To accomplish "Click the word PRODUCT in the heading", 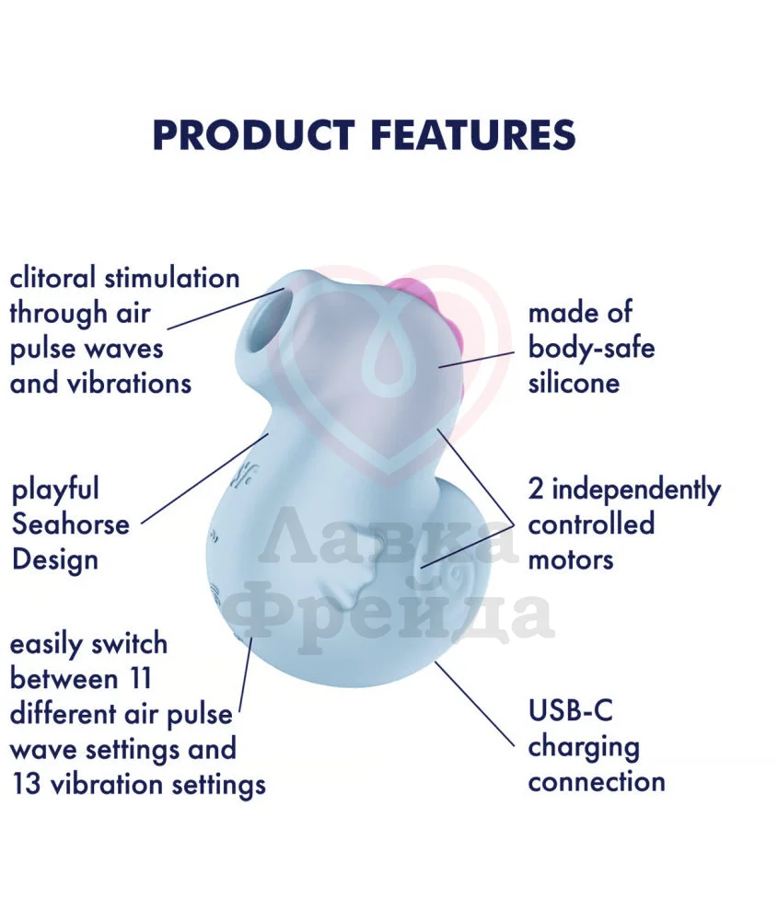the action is [254, 135].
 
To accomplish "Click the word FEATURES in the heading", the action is [473, 135].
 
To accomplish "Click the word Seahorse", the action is [71, 524].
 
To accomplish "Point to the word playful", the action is [55, 490].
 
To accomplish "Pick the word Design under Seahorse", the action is [54, 559].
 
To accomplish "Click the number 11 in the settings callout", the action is [140, 679].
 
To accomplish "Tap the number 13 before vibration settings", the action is [26, 785].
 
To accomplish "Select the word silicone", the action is [574, 383].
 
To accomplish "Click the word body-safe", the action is [591, 349].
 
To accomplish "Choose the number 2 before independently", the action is [536, 489].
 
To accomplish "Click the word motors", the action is [571, 559].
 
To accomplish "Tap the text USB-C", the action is [570, 710].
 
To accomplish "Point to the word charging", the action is [584, 748].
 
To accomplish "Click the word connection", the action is [597, 782].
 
